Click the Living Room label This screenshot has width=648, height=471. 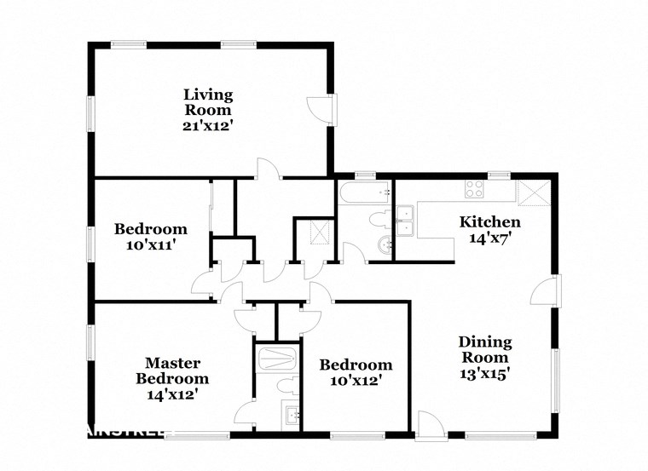click(x=209, y=101)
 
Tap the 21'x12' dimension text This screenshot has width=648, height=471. click(x=209, y=125)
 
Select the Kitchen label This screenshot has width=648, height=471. click(x=490, y=222)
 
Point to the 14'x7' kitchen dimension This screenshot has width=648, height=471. click(x=490, y=238)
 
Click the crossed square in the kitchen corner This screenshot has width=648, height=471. click(x=534, y=193)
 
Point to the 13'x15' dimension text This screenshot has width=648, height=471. click(x=482, y=373)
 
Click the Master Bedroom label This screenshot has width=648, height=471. click(x=172, y=370)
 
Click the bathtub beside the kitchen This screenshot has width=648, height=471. click(x=363, y=194)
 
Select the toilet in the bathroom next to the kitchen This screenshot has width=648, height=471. click(x=377, y=221)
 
